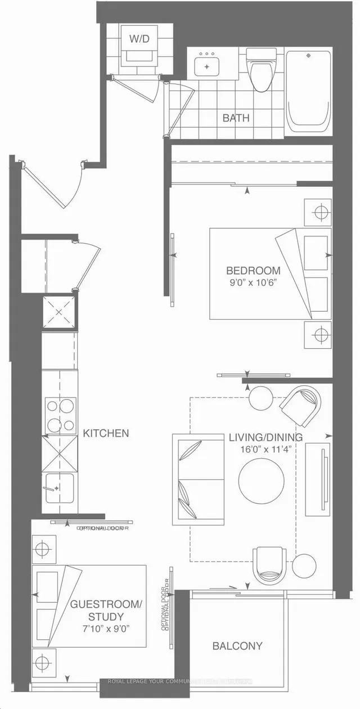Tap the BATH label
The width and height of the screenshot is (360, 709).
(236, 118)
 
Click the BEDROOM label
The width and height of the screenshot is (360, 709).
(253, 270)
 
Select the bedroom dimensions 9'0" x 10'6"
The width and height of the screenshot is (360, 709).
(253, 283)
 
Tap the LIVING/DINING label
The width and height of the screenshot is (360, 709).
(265, 437)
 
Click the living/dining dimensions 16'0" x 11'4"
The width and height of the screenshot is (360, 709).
(265, 450)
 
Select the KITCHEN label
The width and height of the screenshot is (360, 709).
(106, 433)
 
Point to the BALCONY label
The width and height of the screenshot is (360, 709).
(237, 646)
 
